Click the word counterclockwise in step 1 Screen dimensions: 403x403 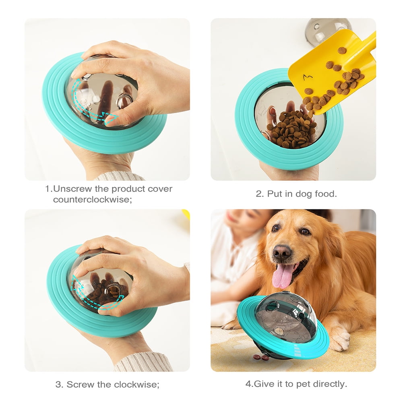click(92, 200)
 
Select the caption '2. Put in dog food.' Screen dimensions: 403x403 click(296, 194)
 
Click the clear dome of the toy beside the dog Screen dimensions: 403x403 click(282, 312)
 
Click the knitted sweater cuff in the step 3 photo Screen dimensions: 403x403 click(141, 362)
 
